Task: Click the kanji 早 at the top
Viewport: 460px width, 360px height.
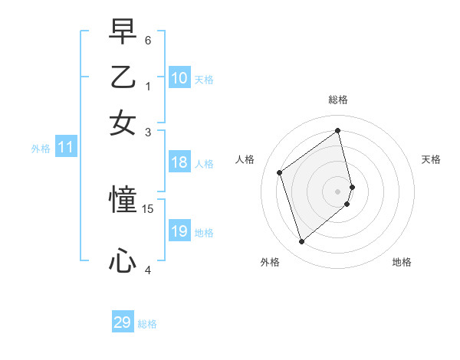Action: [123, 33]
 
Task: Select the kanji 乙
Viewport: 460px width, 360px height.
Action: [123, 77]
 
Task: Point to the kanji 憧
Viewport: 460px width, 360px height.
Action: [123, 201]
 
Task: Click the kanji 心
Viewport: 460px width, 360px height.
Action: [123, 262]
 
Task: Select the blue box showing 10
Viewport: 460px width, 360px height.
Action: [179, 78]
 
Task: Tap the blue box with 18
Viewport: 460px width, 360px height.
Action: [179, 162]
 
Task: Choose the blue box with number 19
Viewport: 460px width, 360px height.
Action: [179, 231]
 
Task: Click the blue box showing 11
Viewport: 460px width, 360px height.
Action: [65, 148]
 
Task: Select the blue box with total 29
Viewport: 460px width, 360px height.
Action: [123, 322]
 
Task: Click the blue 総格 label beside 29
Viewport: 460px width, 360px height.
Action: [148, 324]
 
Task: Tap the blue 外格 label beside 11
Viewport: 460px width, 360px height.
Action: [41, 149]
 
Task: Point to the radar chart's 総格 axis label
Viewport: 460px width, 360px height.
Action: [338, 100]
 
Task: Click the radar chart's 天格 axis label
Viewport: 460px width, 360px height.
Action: [432, 159]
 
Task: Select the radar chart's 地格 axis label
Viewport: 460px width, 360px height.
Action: [402, 262]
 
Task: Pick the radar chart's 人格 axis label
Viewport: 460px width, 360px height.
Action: [245, 159]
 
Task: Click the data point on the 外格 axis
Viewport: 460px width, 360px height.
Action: [301, 242]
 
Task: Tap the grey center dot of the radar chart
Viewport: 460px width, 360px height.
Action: [338, 191]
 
